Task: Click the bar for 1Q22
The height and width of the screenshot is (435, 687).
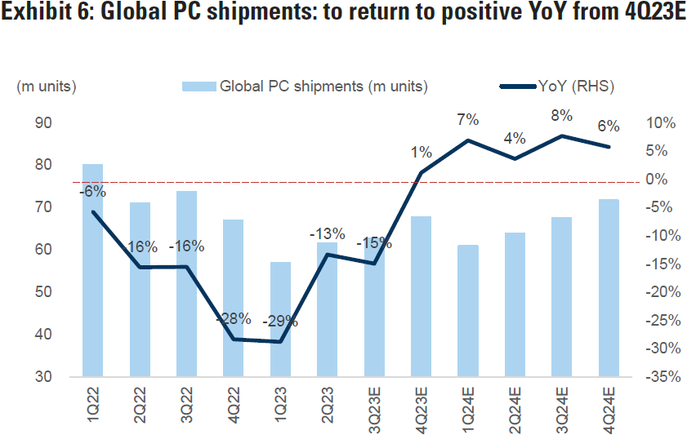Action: click(x=92, y=270)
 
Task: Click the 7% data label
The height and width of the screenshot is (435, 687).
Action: click(x=468, y=120)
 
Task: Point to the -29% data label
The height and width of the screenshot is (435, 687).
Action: click(x=280, y=321)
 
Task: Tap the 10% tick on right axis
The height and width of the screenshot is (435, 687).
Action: click(x=660, y=123)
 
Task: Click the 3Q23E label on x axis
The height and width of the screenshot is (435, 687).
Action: click(x=375, y=408)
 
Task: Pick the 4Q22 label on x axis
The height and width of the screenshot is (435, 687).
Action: click(x=234, y=404)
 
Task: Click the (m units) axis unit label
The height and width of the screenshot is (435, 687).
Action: click(x=47, y=86)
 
